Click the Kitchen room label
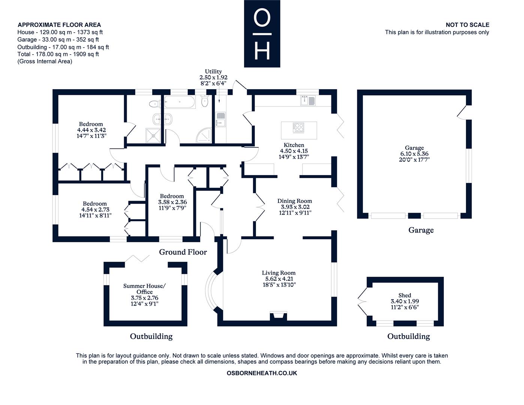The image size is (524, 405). pyautogui.click(x=294, y=145)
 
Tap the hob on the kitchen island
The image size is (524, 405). pyautogui.click(x=298, y=127)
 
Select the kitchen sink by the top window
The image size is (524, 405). pyautogui.click(x=308, y=100)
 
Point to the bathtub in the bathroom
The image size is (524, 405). pyautogui.click(x=179, y=102)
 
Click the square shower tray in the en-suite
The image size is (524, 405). pyautogui.click(x=153, y=136)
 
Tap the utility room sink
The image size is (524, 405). pyautogui.click(x=220, y=119)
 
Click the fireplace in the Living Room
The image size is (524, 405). pyautogui.click(x=278, y=316)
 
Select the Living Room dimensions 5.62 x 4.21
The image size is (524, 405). pyautogui.click(x=279, y=279)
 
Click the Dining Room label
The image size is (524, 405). pyautogui.click(x=295, y=201)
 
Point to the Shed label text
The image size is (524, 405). pyautogui.click(x=405, y=295)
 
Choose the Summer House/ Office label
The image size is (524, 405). pyautogui.click(x=144, y=289)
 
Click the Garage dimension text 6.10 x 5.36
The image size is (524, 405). pyautogui.click(x=414, y=154)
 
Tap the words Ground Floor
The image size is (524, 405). pyautogui.click(x=183, y=252)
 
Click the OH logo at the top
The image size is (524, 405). pyautogui.click(x=262, y=33)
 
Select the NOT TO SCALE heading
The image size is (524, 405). pyautogui.click(x=467, y=25)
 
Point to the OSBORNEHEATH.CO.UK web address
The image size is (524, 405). pyautogui.click(x=262, y=373)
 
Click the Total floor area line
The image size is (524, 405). pyautogui.click(x=58, y=54)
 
